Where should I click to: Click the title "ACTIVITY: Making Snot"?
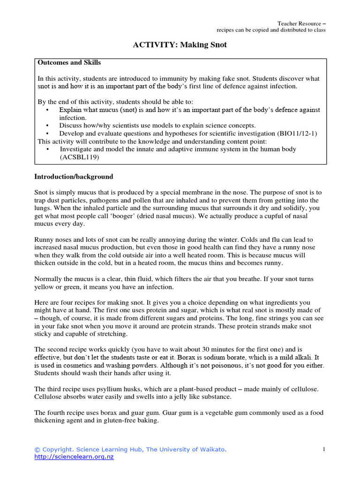pos(180,45)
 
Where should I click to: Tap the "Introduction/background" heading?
pos(74,177)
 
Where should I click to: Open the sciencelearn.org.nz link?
pos(74,457)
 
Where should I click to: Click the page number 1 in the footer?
pos(324,450)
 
